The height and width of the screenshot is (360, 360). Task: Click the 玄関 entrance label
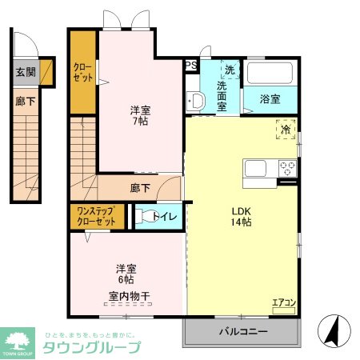[x=25, y=71]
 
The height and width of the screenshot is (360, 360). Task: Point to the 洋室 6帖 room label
[x=126, y=274]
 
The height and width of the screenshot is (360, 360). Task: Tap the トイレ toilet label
[x=166, y=215]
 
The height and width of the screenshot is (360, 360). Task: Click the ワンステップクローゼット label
[x=97, y=215]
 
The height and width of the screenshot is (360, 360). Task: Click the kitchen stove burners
[x=286, y=168]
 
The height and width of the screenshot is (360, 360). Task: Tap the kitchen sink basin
[x=257, y=168]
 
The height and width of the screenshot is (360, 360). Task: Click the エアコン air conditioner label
[x=284, y=302]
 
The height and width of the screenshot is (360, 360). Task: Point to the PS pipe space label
[x=190, y=66]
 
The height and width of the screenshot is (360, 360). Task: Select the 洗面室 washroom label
[x=230, y=88]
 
